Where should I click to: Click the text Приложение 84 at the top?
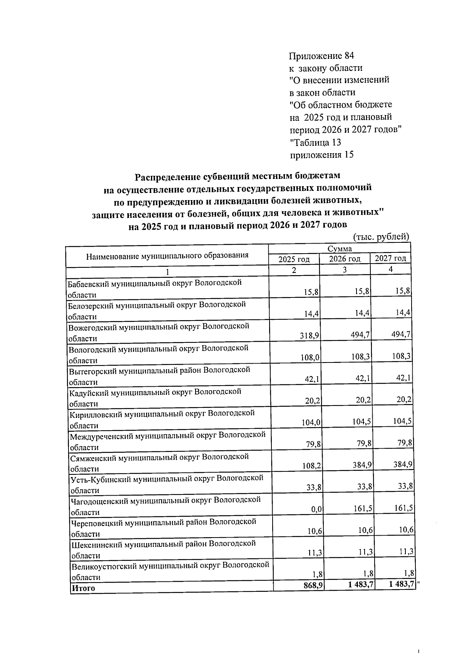[321, 56]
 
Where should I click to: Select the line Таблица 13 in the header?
[315, 142]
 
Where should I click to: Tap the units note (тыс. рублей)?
[381, 237]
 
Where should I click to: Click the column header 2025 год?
[294, 259]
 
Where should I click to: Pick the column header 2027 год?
[390, 258]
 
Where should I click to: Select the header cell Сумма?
[339, 249]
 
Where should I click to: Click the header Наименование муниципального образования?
[167, 256]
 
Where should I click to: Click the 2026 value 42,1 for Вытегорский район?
[363, 378]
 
